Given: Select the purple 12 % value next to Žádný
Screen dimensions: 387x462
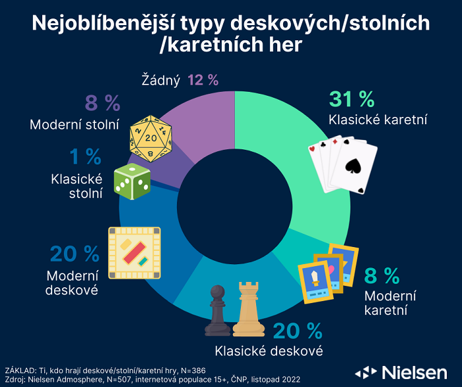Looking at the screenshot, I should pos(203,80).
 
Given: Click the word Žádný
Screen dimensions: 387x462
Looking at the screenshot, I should pos(161,80).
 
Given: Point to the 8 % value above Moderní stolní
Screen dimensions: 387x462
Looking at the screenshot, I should pos(102,103).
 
